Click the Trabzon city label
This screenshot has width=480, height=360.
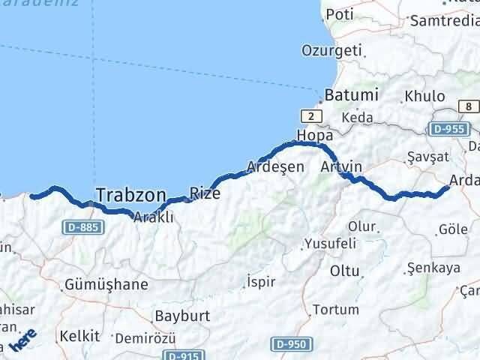tap(130, 195)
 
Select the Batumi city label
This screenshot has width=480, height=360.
tap(352, 96)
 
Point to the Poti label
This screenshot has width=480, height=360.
tap(339, 14)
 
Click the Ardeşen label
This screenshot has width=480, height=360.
tap(277, 166)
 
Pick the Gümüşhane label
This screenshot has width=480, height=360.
tap(106, 285)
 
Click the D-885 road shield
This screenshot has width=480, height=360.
tap(82, 226)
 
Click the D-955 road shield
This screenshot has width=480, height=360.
tap(450, 129)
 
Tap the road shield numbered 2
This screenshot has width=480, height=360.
tap(310, 115)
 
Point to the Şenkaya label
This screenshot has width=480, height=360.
tap(430, 267)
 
